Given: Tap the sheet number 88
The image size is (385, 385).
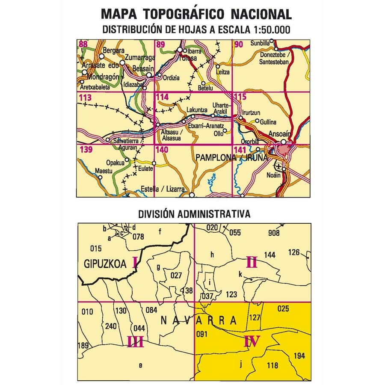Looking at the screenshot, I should pos(83,44).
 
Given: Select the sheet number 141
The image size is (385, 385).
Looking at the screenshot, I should pos(240,150).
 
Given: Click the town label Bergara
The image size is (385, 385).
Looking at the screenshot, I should pos(113,50).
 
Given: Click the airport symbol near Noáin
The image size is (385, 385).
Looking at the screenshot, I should pos(278,166).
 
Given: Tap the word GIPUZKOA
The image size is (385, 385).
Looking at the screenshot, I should pos(106,264).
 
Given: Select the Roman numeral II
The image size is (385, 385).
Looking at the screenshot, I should pos(252,262).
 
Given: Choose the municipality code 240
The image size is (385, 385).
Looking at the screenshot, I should pos(110,327).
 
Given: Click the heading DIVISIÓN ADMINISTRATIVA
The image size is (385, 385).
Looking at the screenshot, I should pos(194,214).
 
